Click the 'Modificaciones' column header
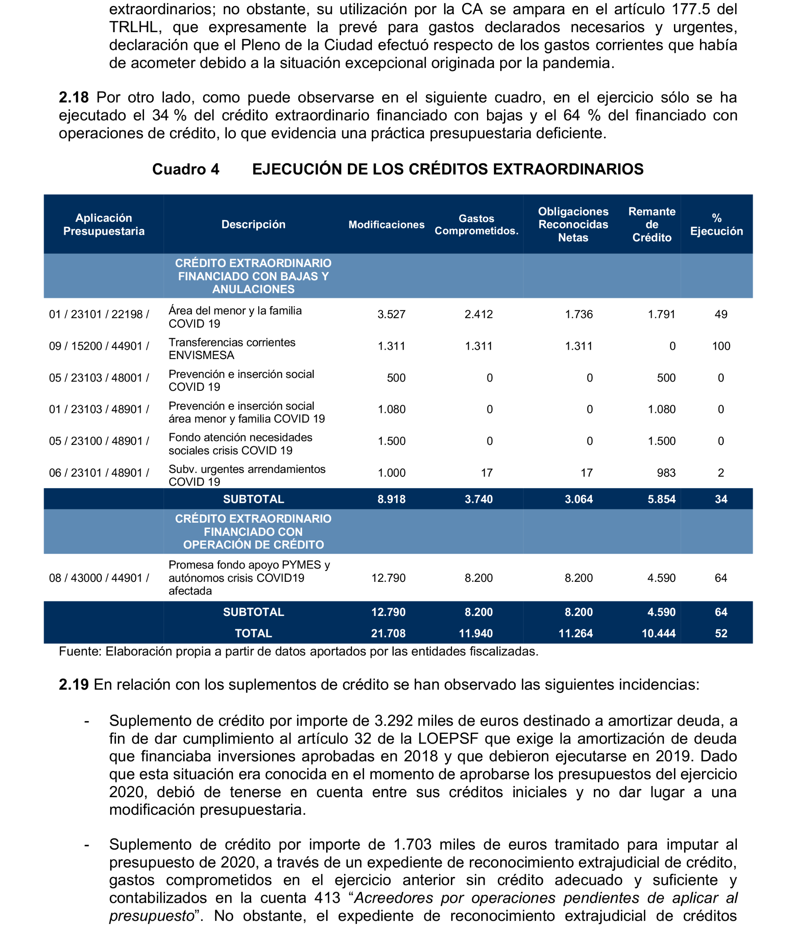pos(386,225)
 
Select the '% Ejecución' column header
pos(716,225)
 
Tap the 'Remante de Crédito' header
pos(652,225)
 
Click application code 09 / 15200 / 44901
pos(98,346)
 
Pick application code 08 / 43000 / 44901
pos(98,578)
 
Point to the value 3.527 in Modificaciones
pos(391,314)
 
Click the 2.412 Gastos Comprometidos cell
pos(478,314)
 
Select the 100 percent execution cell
pos(721,346)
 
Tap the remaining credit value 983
pos(666,473)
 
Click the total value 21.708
pos(388,633)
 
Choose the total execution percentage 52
pos(721,633)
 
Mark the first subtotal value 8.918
pos(391,499)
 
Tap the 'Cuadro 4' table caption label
pos(186,170)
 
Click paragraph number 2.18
pos(73,98)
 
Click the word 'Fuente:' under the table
pos(80,652)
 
